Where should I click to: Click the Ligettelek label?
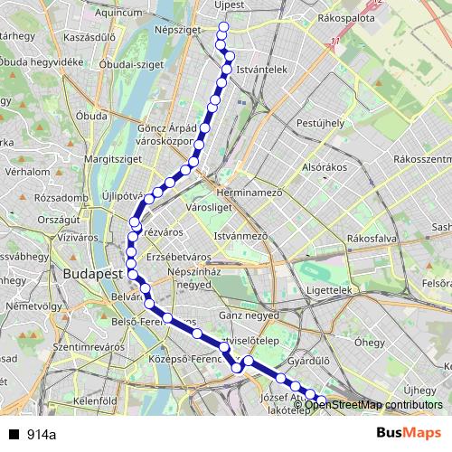pos(328,291)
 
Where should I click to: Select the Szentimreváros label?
pos(88,347)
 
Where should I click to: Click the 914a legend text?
pos(41,435)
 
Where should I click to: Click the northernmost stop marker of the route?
pos(221,25)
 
